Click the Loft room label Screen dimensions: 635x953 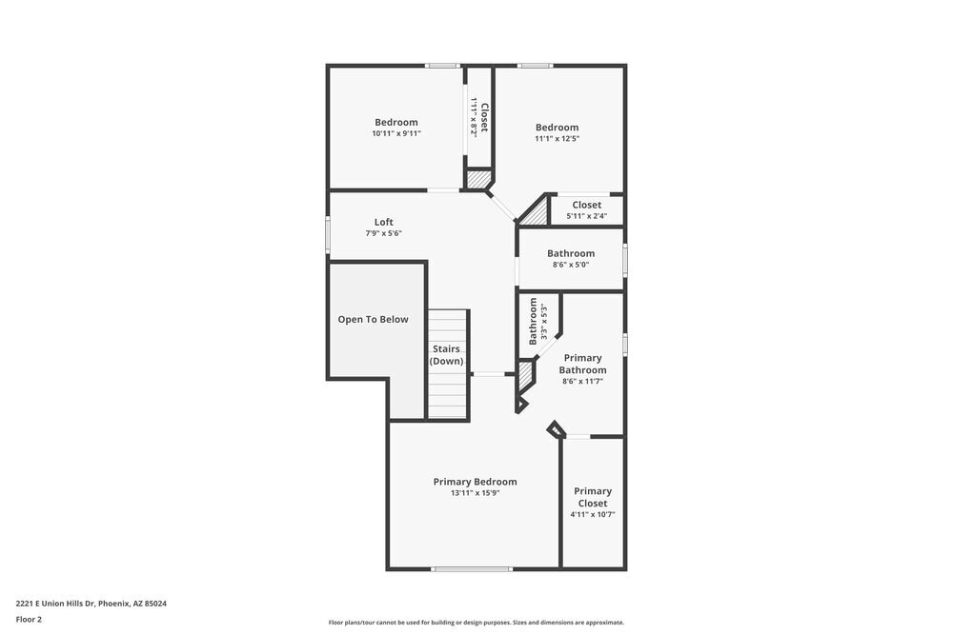pyautogui.click(x=383, y=222)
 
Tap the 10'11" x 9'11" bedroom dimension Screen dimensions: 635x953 pyautogui.click(x=395, y=134)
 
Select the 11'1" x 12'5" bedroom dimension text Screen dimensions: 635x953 pyautogui.click(x=557, y=139)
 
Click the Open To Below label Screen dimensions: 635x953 pyautogui.click(x=373, y=319)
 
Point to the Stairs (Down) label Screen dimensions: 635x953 pyautogui.click(x=446, y=355)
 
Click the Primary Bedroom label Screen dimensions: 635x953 pyautogui.click(x=475, y=482)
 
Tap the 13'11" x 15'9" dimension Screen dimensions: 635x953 pyautogui.click(x=475, y=493)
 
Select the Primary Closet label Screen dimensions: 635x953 pyautogui.click(x=592, y=497)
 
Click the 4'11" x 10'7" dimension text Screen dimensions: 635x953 pyautogui.click(x=592, y=514)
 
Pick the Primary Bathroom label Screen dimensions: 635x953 pyautogui.click(x=581, y=364)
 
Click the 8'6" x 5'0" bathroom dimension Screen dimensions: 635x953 pyautogui.click(x=570, y=265)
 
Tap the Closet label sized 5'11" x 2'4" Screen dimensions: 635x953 pyautogui.click(x=586, y=205)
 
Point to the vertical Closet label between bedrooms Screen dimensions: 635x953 pyautogui.click(x=484, y=117)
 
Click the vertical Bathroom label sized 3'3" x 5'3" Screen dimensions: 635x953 pyautogui.click(x=534, y=321)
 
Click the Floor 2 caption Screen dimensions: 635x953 pyautogui.click(x=29, y=619)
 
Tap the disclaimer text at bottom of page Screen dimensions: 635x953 pyautogui.click(x=476, y=622)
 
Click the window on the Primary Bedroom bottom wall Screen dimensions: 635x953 pyautogui.click(x=472, y=569)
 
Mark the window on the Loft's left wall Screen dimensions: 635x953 pyautogui.click(x=328, y=233)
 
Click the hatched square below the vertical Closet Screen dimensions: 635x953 pyautogui.click(x=477, y=178)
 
